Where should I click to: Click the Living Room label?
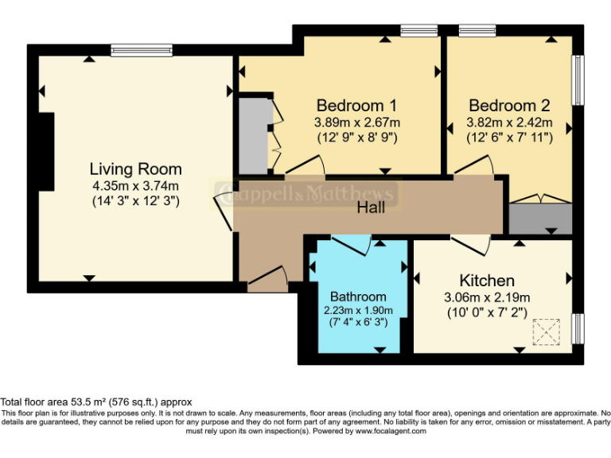[135, 169]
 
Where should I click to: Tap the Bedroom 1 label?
[356, 106]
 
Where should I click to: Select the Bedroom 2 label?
[508, 106]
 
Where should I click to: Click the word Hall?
[371, 208]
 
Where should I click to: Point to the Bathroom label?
[358, 297]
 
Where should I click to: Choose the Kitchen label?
[487, 281]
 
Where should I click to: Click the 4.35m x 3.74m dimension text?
[135, 186]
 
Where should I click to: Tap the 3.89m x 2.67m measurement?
[356, 122]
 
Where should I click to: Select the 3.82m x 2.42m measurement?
[508, 122]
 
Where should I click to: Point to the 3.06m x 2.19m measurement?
[487, 297]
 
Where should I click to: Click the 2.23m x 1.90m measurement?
[358, 310]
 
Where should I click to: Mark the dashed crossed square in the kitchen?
[547, 332]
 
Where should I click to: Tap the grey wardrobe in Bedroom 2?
[539, 217]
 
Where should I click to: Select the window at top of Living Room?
[141, 49]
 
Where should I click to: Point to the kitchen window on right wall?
[578, 328]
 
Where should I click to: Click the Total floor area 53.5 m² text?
[95, 402]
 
